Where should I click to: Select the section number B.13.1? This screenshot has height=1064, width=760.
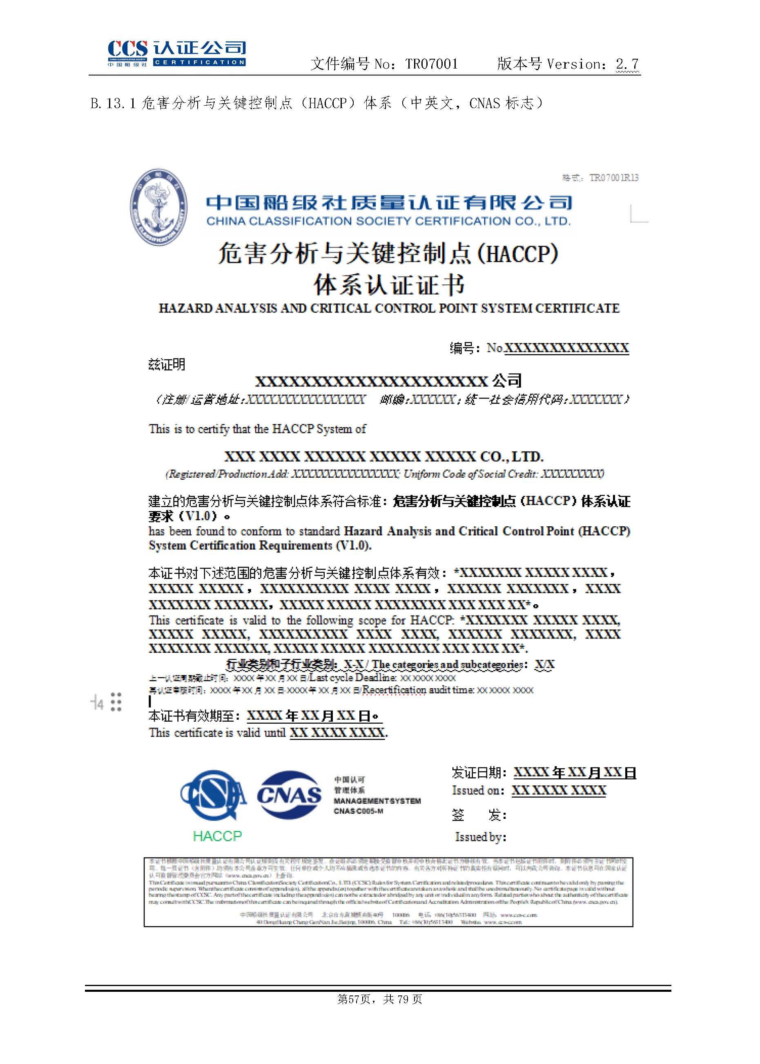tap(113, 103)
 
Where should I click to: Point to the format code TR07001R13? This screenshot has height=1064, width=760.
tap(613, 177)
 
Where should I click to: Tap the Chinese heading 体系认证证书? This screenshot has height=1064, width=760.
tap(389, 285)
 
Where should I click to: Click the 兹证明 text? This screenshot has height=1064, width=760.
tap(167, 364)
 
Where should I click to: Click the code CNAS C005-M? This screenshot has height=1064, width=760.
tap(358, 811)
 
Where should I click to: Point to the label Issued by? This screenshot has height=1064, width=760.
tap(480, 837)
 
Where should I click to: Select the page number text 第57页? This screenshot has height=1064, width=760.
tap(354, 999)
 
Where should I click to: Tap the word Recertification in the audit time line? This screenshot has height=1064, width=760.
tap(394, 689)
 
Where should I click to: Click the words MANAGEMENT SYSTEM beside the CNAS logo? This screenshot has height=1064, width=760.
tap(377, 801)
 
